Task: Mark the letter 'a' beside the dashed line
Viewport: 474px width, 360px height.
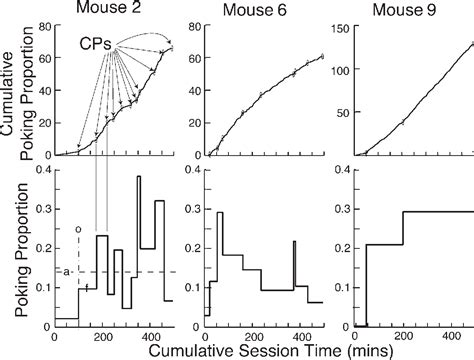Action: pos(65,271)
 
